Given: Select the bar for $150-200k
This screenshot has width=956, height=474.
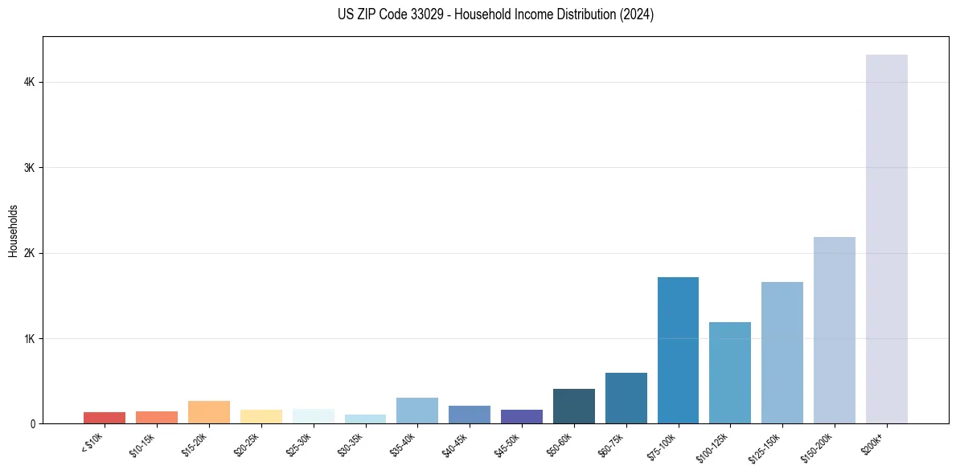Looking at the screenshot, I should click(x=834, y=330).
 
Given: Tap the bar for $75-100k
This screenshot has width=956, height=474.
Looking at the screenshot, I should click(x=678, y=350).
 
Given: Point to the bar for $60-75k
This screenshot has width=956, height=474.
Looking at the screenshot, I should click(x=626, y=398).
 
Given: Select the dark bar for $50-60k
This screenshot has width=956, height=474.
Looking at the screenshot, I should click(x=573, y=406).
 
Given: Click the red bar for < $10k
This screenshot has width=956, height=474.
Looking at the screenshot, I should click(x=105, y=418).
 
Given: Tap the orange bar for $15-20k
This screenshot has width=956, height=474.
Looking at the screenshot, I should click(x=208, y=412).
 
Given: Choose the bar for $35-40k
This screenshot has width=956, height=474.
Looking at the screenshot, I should click(x=417, y=411).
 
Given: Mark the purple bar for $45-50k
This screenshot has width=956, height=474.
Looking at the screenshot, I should click(x=521, y=416).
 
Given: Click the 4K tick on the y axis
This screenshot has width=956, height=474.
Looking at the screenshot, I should click(x=29, y=82).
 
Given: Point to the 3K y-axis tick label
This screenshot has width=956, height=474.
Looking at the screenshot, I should click(x=29, y=168).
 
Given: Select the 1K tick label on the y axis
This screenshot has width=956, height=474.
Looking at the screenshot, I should click(x=29, y=338).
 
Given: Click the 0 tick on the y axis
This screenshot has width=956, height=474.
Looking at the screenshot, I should click(x=32, y=423).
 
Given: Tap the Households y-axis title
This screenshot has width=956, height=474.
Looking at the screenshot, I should click(x=13, y=231).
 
